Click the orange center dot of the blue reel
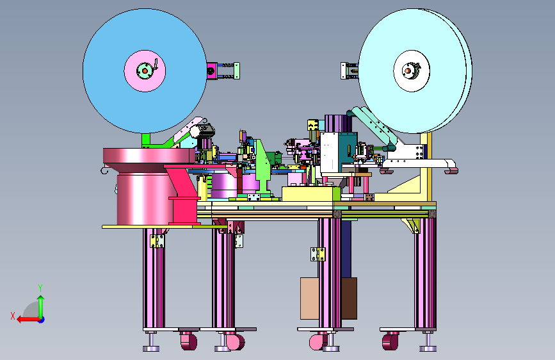click(145, 71)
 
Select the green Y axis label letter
click(40, 288)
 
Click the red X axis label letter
click(13, 316)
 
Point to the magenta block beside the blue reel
click(212, 71)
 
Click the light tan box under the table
click(310, 299)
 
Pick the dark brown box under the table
click(349, 299)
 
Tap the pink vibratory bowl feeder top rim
click(149, 156)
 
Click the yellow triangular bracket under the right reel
click(403, 185)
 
